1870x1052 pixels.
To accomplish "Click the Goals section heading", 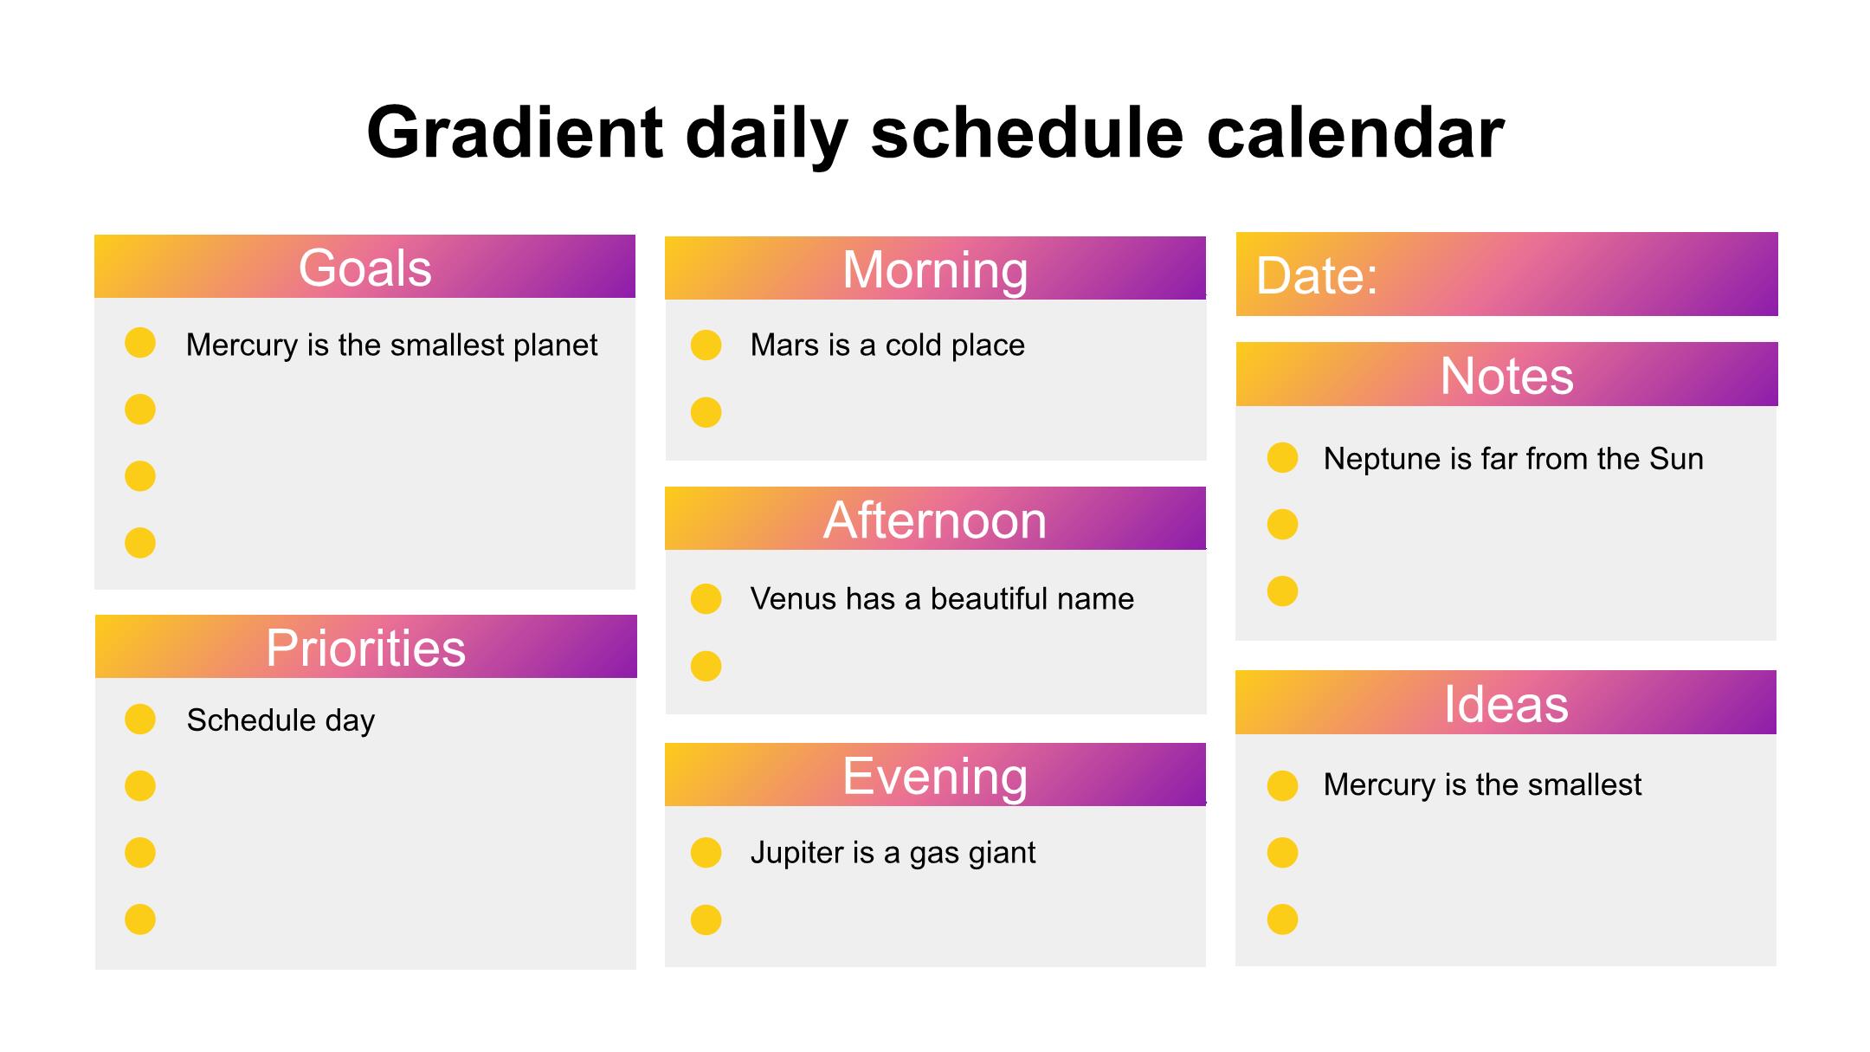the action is (x=364, y=268).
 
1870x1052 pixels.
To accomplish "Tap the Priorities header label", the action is (x=365, y=648).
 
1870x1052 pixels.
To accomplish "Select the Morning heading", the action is (x=935, y=270).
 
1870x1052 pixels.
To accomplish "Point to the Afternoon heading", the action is (x=935, y=520).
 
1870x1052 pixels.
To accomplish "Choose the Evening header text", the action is (x=935, y=776).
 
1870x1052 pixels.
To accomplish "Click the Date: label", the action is (x=1316, y=276).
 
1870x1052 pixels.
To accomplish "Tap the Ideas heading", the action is (x=1506, y=704).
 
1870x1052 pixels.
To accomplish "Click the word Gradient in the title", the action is (x=515, y=132).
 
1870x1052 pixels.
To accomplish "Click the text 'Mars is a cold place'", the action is (x=887, y=345).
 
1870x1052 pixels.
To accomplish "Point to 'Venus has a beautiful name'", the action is (x=942, y=598).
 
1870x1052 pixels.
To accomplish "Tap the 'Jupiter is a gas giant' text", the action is (x=893, y=853).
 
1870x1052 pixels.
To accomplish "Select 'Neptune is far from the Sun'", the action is (x=1513, y=458).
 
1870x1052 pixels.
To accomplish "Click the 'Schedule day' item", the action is (x=280, y=720).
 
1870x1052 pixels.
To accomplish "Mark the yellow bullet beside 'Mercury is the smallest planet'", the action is (x=140, y=343).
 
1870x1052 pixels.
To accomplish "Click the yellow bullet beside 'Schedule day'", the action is (x=140, y=719).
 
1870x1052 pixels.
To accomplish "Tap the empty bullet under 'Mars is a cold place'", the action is (x=706, y=412).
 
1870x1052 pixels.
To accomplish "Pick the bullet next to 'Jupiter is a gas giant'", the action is (x=706, y=853).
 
